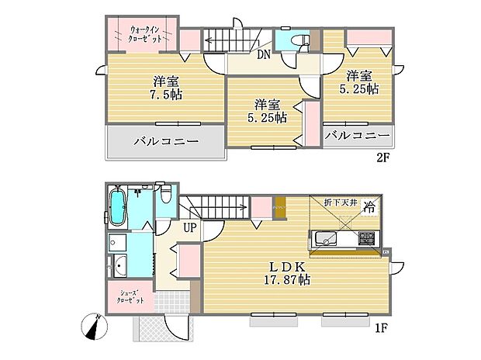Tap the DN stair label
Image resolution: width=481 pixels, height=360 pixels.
point(264,54)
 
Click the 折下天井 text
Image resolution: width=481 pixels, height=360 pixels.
point(339,202)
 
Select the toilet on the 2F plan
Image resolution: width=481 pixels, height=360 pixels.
point(299,41)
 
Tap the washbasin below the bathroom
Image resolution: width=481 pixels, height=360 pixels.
point(122,268)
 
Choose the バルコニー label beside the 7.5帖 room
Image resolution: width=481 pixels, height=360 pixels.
point(165,142)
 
